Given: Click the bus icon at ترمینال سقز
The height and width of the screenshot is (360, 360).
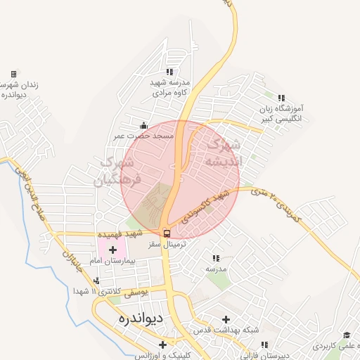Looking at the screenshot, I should point(167,233).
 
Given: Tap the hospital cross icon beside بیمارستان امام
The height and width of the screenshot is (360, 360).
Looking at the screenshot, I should point(112,250).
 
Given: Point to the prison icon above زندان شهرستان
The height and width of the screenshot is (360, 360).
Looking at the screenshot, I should point(13,74).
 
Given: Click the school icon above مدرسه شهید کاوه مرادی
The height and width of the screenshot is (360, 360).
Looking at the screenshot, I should point(169,71).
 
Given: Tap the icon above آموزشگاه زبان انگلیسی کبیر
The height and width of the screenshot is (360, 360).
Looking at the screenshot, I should point(281,98).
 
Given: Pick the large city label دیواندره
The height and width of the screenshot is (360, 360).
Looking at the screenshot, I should point(138,319).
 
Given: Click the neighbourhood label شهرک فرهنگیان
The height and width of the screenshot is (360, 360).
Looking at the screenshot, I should point(118,171).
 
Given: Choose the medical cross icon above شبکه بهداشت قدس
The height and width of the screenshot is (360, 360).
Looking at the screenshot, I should point(225,319).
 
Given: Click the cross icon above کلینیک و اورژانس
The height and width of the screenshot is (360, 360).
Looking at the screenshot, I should point(163,345).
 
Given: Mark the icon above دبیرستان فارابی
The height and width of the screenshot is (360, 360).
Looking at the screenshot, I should point(264,345).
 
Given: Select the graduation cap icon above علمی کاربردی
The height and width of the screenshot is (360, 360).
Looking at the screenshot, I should point(345,336).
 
